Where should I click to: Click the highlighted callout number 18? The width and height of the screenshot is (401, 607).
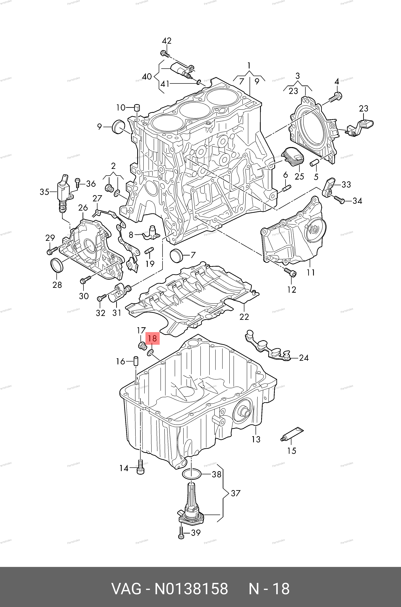(152, 339)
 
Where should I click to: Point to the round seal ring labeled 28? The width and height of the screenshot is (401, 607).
(57, 265)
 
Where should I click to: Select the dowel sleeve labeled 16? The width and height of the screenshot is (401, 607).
(136, 362)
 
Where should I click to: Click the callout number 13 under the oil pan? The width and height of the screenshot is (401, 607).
(256, 439)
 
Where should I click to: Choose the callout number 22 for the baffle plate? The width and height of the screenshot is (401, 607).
(244, 317)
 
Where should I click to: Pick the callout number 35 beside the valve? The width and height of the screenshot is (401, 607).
(44, 192)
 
